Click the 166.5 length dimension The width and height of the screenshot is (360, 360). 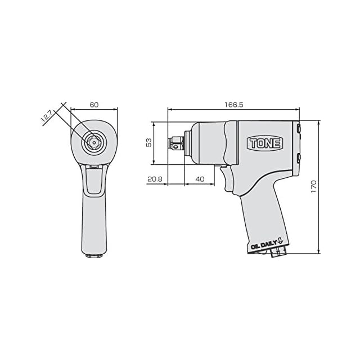[x=234, y=105]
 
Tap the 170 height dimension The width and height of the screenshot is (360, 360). [x=314, y=186]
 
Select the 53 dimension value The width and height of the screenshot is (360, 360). [x=149, y=142]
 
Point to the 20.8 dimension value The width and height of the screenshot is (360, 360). [x=155, y=179]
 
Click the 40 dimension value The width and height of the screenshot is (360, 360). [x=200, y=179]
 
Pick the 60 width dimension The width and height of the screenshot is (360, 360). [x=94, y=105]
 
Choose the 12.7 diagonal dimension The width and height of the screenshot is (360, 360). [x=47, y=118]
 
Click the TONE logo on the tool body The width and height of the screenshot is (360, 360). [x=265, y=143]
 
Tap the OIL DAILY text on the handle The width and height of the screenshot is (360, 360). [x=264, y=245]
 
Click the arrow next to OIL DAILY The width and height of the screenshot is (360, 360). [x=280, y=241]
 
